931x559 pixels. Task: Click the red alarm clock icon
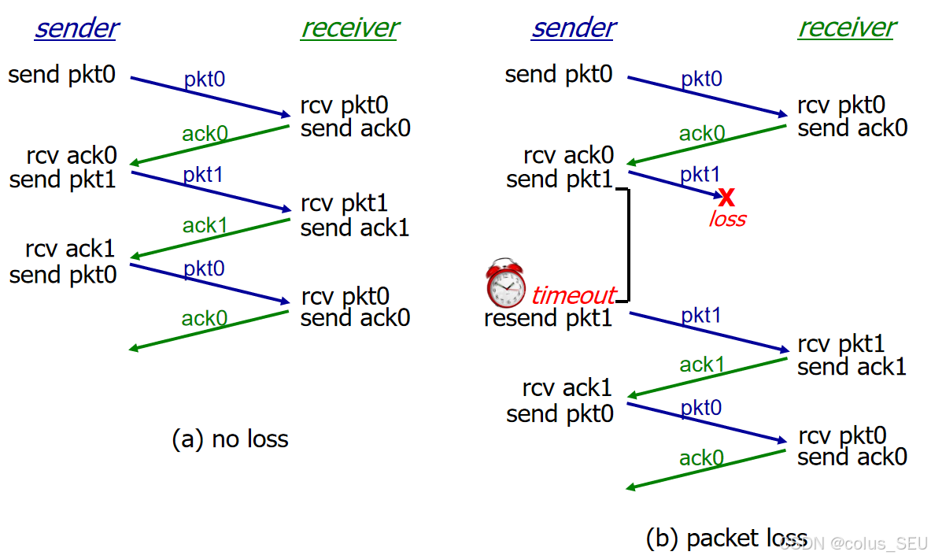(x=505, y=283)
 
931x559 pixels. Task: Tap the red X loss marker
(x=726, y=195)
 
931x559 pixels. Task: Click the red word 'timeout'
(x=573, y=295)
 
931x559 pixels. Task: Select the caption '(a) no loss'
(x=230, y=439)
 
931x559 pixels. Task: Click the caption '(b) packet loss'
(x=726, y=538)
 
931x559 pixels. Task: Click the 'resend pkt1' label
(x=548, y=318)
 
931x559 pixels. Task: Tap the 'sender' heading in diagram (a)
(x=76, y=28)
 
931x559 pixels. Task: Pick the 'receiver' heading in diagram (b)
(x=847, y=28)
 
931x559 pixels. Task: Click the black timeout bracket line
(x=628, y=244)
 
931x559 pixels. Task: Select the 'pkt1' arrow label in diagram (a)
(x=203, y=174)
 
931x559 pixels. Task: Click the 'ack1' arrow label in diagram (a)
(x=205, y=226)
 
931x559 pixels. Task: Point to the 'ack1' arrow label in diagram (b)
(x=701, y=364)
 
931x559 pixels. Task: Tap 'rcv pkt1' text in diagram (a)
(x=344, y=204)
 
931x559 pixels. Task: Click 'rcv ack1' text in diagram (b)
(x=567, y=387)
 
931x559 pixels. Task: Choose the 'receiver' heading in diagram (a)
(x=349, y=28)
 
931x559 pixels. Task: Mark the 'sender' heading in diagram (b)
(x=573, y=28)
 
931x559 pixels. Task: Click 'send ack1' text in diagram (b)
(x=852, y=366)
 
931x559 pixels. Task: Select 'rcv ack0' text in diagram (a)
(x=71, y=154)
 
